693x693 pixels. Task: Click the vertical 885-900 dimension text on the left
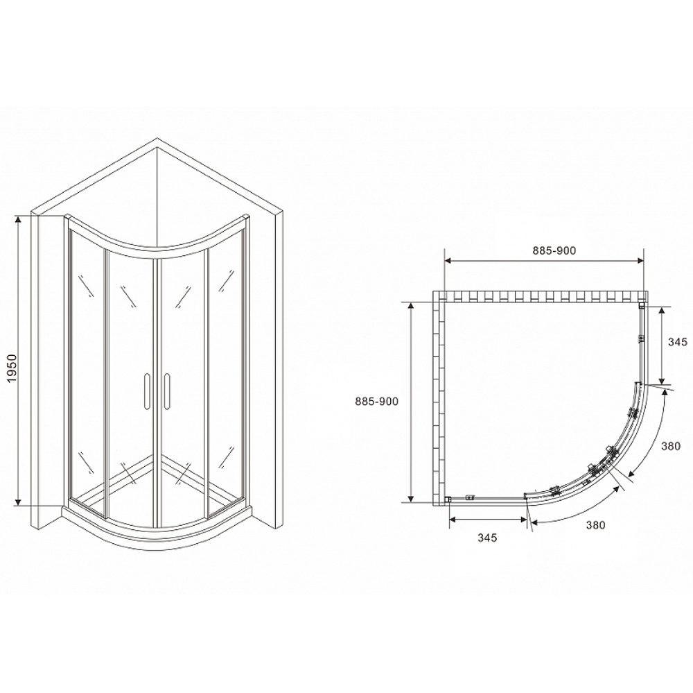pyautogui.click(x=376, y=401)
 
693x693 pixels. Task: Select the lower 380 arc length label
pyautogui.click(x=595, y=525)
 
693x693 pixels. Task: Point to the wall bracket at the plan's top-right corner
pyautogui.click(x=642, y=305)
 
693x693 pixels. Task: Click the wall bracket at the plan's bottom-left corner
pyautogui.click(x=448, y=498)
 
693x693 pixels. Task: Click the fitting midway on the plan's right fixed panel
pyautogui.click(x=642, y=339)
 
